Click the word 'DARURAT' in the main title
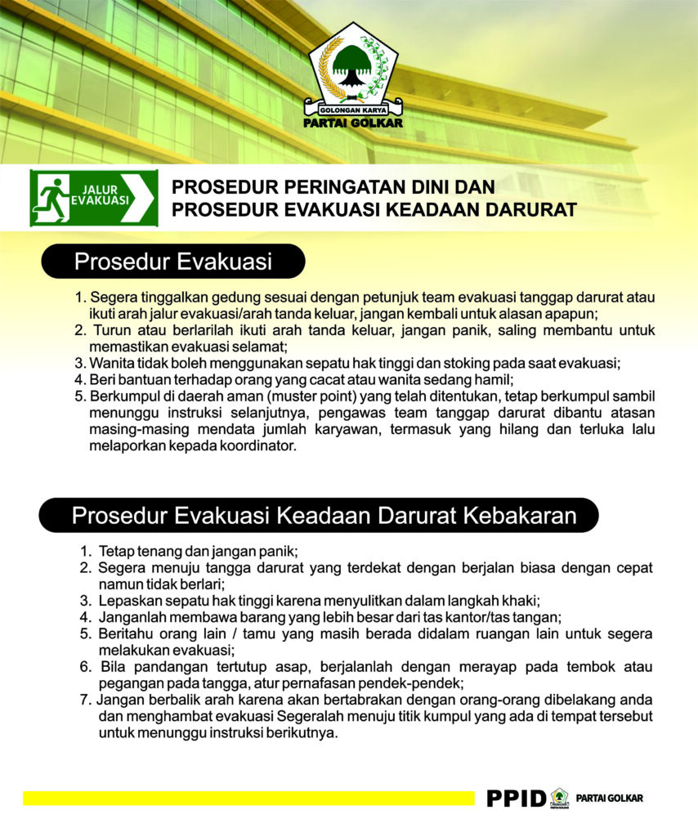(530, 210)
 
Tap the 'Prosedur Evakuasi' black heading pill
(172, 262)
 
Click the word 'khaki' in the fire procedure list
(517, 601)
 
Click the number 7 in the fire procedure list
(84, 700)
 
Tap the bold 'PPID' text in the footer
(515, 798)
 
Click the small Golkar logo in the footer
(560, 797)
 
